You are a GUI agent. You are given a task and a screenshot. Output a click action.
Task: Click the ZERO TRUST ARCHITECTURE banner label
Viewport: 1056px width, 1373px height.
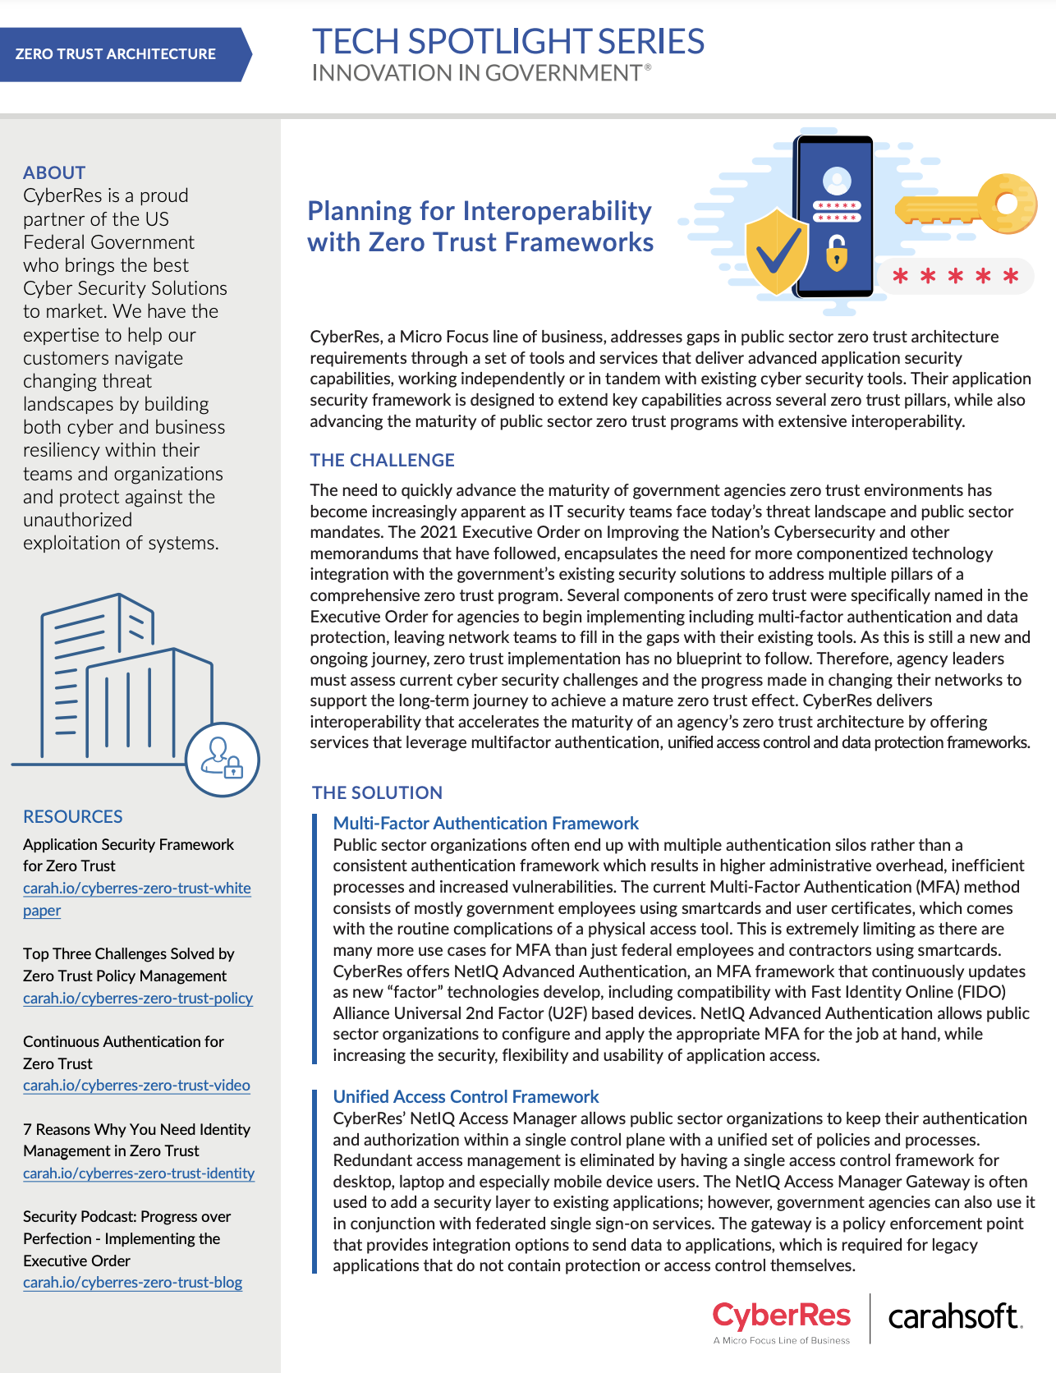pyautogui.click(x=116, y=54)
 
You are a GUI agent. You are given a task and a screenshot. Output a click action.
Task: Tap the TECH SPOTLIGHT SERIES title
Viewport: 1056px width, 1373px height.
pyautogui.click(x=507, y=42)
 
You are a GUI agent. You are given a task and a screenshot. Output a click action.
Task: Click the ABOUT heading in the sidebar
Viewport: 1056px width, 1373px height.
pyautogui.click(x=54, y=172)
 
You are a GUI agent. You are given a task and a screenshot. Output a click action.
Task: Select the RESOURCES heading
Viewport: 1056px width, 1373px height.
pyautogui.click(x=73, y=816)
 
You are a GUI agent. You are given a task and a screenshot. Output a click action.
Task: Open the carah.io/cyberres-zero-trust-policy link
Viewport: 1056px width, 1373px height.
pyautogui.click(x=138, y=998)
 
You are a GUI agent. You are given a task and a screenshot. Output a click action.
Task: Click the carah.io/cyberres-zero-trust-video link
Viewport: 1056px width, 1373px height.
pyautogui.click(x=136, y=1085)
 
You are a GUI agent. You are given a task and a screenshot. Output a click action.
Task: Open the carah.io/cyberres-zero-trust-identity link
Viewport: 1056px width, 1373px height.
pyautogui.click(x=139, y=1173)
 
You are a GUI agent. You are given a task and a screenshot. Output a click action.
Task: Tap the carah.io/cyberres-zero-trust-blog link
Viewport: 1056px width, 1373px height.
pyautogui.click(x=132, y=1282)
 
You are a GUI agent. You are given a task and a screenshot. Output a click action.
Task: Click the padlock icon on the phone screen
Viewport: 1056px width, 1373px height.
pyautogui.click(x=836, y=252)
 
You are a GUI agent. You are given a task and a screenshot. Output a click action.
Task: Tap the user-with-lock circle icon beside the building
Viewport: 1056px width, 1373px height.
pyautogui.click(x=223, y=760)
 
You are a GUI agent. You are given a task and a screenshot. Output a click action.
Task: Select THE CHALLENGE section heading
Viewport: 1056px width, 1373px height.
pyautogui.click(x=382, y=460)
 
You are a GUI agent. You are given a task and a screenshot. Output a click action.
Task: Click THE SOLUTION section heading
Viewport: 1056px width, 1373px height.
pyautogui.click(x=377, y=792)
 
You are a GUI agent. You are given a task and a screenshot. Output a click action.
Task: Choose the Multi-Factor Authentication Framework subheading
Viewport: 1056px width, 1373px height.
pyautogui.click(x=485, y=823)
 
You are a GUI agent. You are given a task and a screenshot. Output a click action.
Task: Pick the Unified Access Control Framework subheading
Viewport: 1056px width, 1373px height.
pyautogui.click(x=466, y=1096)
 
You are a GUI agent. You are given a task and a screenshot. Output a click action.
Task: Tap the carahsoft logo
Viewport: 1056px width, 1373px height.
pyautogui.click(x=955, y=1317)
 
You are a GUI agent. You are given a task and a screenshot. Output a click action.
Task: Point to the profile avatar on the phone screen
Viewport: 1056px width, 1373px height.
pyautogui.click(x=836, y=180)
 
